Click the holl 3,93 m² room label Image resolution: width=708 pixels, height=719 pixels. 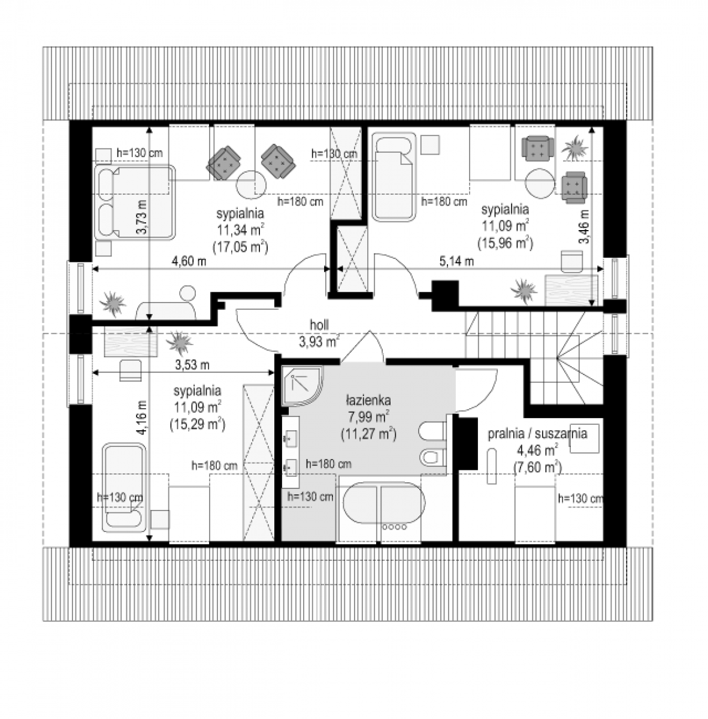point(319,333)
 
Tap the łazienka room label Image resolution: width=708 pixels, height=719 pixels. point(368,401)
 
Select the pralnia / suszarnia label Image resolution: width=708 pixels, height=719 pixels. point(537,433)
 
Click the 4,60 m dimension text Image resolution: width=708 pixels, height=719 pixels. point(189,261)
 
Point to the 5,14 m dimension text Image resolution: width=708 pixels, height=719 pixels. point(456,261)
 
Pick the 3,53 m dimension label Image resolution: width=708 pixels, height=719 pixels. point(192,364)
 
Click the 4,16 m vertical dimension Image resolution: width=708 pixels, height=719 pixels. point(142,418)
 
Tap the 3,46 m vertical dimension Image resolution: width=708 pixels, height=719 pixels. point(584,226)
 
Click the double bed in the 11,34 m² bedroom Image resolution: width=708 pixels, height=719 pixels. point(134,203)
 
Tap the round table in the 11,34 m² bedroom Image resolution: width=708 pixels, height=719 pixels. point(251,185)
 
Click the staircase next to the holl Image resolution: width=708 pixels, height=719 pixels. point(534,357)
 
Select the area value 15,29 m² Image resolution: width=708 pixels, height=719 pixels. point(197,425)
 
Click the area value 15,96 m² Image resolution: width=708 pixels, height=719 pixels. point(505,243)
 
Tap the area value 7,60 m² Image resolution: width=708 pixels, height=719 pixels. point(537,467)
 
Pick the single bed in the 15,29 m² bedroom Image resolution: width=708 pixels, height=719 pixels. point(124,487)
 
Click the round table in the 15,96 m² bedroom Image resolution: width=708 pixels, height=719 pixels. point(540,184)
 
